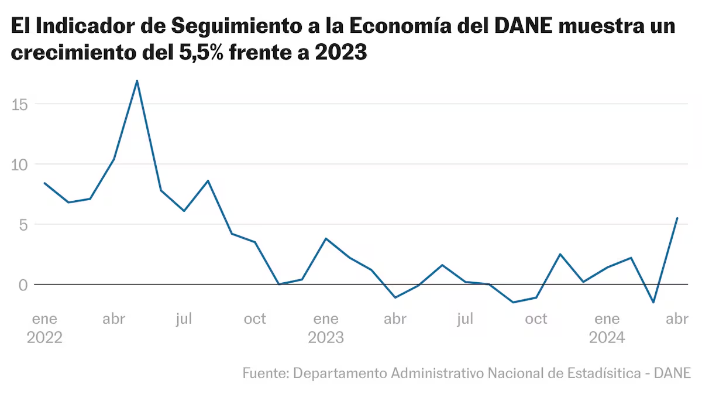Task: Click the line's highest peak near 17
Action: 137,81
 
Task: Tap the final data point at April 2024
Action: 677,218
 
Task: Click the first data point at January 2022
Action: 44,183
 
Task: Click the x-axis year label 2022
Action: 44,338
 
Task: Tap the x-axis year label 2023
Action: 326,338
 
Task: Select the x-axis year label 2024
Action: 607,338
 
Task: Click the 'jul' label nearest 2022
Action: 184,319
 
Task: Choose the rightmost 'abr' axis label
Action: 677,319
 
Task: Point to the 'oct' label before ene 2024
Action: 536,319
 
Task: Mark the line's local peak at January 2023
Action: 326,239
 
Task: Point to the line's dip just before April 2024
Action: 653,302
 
